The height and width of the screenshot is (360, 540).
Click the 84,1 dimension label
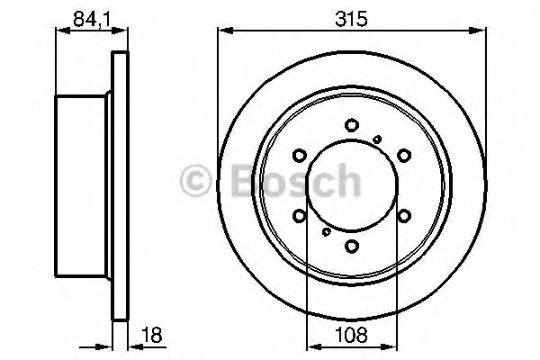coord(92,19)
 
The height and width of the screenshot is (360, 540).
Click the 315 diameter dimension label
coord(351,19)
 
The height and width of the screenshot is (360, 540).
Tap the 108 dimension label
coord(351,335)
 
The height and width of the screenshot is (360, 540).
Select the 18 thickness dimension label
coord(151,335)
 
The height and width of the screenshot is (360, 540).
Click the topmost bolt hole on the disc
coord(352,125)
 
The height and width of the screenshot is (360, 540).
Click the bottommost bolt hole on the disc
coord(352,246)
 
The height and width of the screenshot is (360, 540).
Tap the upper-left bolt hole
coord(300,156)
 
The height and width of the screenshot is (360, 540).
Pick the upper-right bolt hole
coord(404,156)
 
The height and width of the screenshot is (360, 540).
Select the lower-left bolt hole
coord(300,216)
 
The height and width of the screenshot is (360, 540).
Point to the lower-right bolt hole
coord(404,216)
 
